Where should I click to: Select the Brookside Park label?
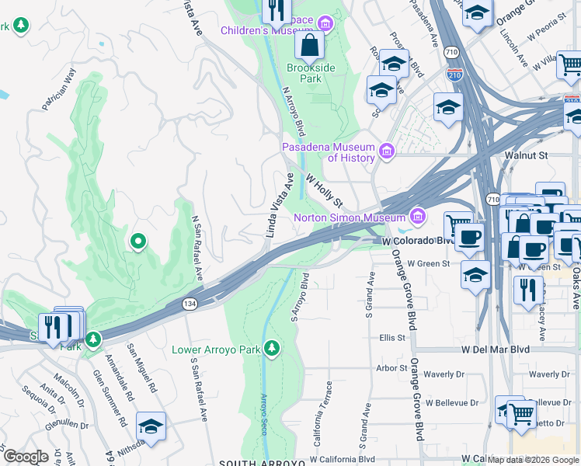310,74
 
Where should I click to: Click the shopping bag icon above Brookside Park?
309,46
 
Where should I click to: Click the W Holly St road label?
324,190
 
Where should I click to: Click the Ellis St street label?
392,338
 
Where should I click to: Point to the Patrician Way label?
60,90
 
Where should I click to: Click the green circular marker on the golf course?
138,242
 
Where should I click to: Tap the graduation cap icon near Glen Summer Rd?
151,426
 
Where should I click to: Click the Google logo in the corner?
25,457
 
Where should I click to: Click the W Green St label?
429,264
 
